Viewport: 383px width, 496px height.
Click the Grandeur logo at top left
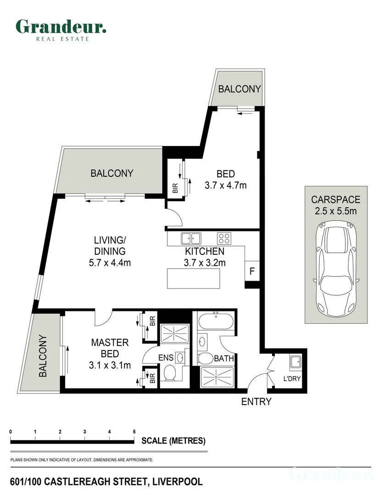(x=61, y=30)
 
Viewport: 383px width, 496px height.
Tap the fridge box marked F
(x=252, y=271)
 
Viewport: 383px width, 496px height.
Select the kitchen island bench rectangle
(x=194, y=278)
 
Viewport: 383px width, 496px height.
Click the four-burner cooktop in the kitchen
(x=224, y=238)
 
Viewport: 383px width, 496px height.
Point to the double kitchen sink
(x=191, y=238)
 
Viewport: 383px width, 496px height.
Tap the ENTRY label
(x=256, y=401)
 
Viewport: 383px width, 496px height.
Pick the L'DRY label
(x=292, y=378)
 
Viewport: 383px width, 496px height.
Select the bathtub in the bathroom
(x=216, y=321)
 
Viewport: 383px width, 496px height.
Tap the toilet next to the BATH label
(x=205, y=359)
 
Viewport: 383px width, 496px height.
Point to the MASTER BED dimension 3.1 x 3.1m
(x=110, y=366)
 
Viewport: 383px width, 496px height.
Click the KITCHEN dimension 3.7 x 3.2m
(x=205, y=263)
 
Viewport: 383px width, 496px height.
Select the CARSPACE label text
(x=336, y=199)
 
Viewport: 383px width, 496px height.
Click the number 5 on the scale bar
(x=134, y=432)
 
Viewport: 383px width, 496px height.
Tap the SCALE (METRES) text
(x=173, y=440)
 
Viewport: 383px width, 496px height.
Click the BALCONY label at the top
(x=239, y=89)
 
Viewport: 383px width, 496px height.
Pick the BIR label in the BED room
(x=175, y=188)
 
